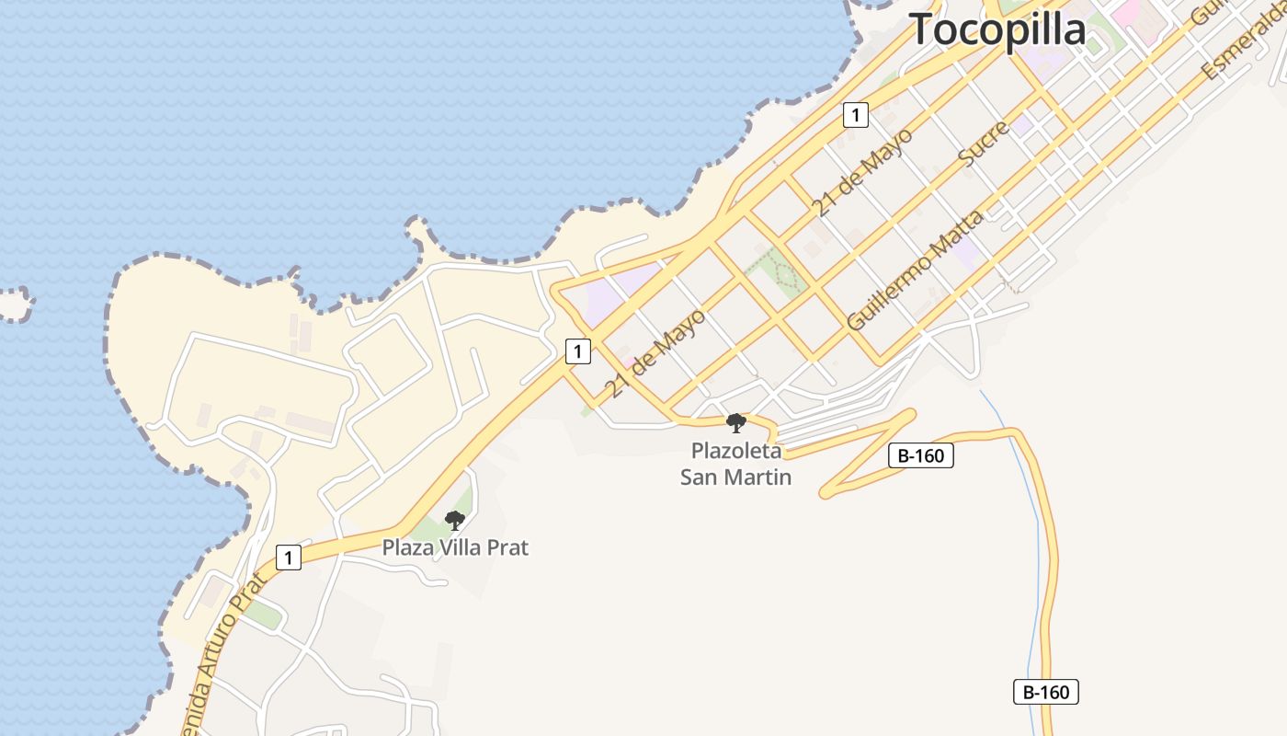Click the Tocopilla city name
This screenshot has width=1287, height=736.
pos(997,29)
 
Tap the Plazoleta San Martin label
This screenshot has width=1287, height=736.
pos(735,465)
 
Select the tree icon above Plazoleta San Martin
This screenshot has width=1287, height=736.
pos(735,423)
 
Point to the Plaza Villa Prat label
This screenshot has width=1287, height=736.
pos(455,547)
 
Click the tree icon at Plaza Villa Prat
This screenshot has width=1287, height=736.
pos(454,521)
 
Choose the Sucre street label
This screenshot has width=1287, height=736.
pos(984,143)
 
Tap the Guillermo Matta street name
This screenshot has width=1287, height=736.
pos(914,270)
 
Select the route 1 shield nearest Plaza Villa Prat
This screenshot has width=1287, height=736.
pos(289,558)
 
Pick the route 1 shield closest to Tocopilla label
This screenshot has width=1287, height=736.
pos(855,115)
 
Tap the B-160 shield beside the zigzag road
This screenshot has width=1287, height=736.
pos(921,455)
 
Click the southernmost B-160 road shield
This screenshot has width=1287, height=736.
pos(1045,692)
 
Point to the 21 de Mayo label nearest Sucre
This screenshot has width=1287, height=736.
pos(862,172)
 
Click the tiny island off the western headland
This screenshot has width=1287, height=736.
pos(13,304)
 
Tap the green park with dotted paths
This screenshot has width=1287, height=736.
pos(778,272)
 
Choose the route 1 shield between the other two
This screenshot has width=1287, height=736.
pos(577,351)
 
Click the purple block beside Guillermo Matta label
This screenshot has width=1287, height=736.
pos(967,252)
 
